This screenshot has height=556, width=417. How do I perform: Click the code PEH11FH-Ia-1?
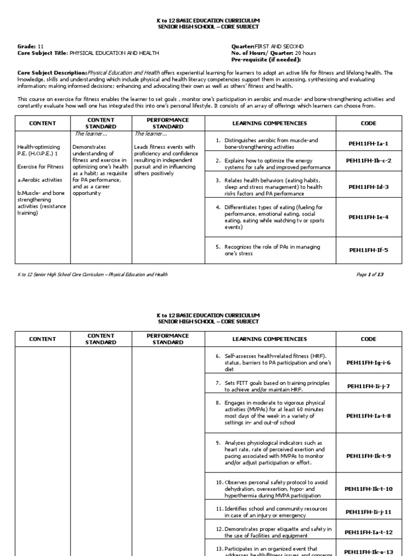pyautogui.click(x=369, y=143)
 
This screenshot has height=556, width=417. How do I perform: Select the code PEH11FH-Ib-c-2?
pyautogui.click(x=369, y=161)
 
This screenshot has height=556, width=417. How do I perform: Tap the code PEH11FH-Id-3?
pyautogui.click(x=369, y=187)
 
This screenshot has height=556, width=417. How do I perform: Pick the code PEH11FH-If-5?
pyautogui.click(x=369, y=250)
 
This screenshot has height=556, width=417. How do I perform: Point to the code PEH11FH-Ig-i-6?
pyautogui.click(x=369, y=363)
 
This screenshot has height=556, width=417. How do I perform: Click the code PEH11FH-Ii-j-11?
pyautogui.click(x=369, y=511)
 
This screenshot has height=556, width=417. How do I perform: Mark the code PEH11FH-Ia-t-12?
pyautogui.click(x=369, y=532)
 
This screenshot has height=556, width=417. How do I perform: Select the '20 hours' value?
pyautogui.click(x=305, y=53)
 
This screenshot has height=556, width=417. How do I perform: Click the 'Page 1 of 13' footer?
pyautogui.click(x=370, y=275)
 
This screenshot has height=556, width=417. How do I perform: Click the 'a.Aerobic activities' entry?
pyautogui.click(x=40, y=180)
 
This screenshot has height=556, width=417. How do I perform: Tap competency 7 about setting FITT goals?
pyautogui.click(x=270, y=386)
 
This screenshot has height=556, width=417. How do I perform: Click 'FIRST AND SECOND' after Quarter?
pyautogui.click(x=280, y=47)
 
